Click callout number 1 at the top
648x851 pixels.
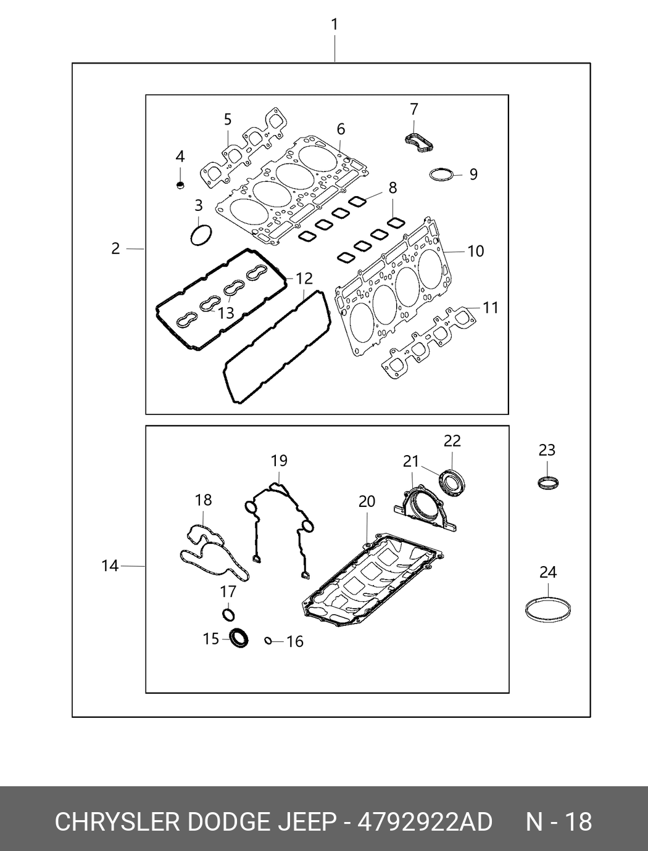(x=334, y=25)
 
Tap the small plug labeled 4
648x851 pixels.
(x=180, y=184)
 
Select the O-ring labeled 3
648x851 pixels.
(x=201, y=236)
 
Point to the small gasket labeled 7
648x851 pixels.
(x=420, y=139)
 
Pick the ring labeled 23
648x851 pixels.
(x=547, y=482)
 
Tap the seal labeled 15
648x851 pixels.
(x=238, y=638)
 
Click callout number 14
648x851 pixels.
(x=109, y=565)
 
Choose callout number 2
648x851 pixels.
(x=115, y=249)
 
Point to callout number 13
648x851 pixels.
(x=226, y=313)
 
